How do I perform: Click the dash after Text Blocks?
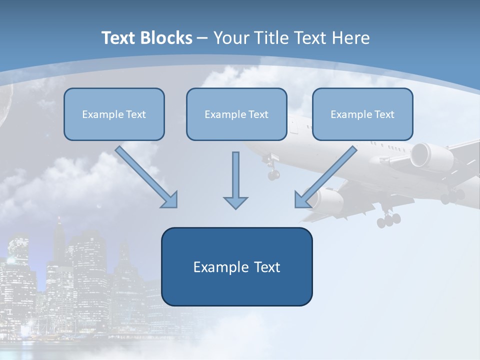point(202,38)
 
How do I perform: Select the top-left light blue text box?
point(114,114)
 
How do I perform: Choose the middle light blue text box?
point(236,114)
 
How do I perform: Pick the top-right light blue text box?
point(362,114)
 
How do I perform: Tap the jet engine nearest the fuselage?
point(327,200)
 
